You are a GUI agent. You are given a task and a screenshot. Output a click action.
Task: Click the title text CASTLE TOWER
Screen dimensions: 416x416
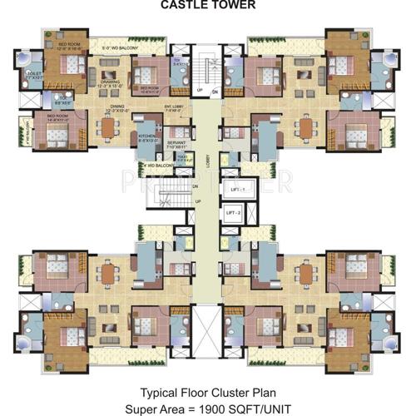[207, 6]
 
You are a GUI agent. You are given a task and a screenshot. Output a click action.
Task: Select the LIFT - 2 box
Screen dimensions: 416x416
[234, 214]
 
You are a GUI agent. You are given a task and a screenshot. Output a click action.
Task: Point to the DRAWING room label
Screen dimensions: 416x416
[108, 82]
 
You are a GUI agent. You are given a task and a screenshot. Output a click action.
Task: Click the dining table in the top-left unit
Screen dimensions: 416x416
[108, 127]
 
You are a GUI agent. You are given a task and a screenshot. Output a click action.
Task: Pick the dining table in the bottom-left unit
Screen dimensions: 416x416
[108, 272]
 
